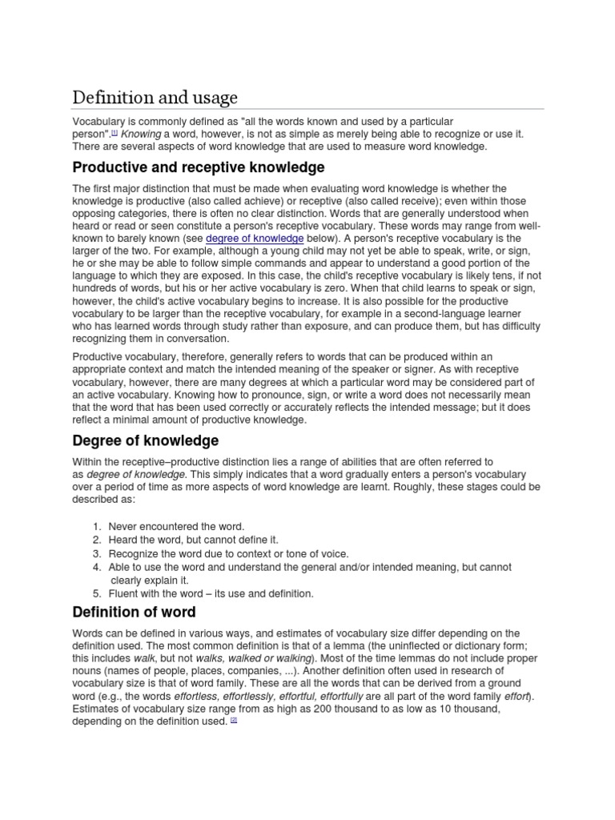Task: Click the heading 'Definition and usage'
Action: [x=155, y=98]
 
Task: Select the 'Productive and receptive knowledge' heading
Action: [x=198, y=167]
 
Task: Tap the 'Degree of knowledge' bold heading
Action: [x=145, y=441]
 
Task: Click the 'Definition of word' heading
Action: [x=133, y=613]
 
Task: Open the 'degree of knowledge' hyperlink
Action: [x=255, y=239]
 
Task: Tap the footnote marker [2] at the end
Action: [x=234, y=720]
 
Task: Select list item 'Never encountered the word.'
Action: [x=176, y=526]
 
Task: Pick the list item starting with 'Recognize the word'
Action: [x=228, y=553]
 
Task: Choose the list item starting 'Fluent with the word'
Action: [x=211, y=593]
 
